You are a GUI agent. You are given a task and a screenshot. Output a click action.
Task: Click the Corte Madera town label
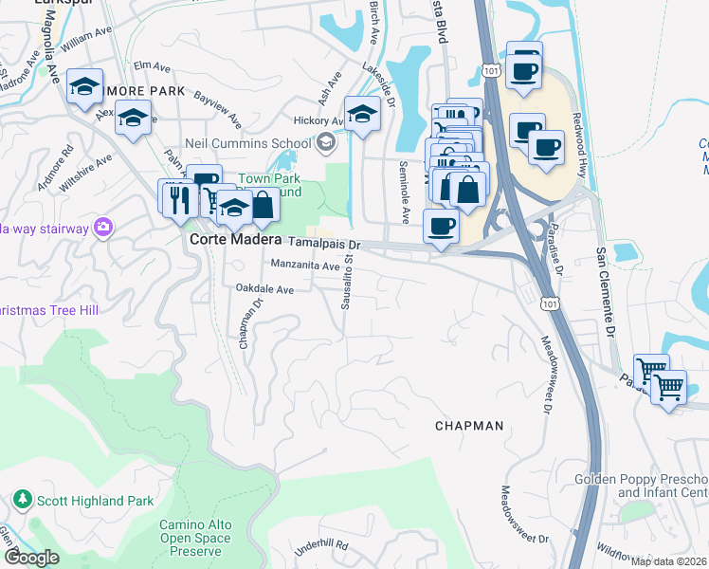tap(235, 241)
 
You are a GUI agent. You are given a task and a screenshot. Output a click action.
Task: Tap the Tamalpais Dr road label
tap(318, 244)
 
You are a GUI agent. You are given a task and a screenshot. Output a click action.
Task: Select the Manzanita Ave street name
tap(304, 266)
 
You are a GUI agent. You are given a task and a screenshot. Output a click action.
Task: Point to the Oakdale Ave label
tap(264, 289)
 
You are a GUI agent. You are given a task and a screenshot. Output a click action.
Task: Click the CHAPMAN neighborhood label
tap(469, 426)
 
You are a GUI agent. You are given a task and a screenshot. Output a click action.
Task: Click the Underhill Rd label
tap(321, 546)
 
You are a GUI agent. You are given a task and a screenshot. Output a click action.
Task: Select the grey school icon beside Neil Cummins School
tap(327, 142)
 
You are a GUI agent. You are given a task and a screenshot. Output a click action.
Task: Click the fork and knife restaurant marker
tap(178, 198)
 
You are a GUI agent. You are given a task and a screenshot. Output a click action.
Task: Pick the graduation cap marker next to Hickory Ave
tap(361, 115)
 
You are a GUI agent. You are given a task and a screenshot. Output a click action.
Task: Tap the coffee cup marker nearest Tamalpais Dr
tap(441, 227)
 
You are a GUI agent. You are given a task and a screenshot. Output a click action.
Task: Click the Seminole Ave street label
tap(403, 191)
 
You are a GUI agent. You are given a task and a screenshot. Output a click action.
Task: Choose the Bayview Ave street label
tap(217, 110)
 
